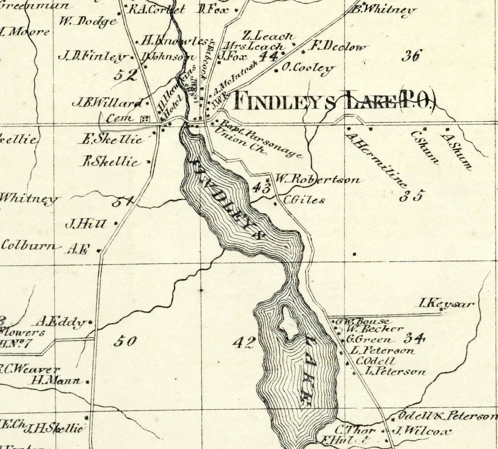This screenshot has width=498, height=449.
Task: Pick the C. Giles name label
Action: click(x=304, y=200)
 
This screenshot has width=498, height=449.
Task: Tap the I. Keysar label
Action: click(x=446, y=304)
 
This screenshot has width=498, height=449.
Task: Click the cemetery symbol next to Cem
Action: click(x=144, y=119)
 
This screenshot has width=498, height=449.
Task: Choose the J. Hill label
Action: click(x=86, y=224)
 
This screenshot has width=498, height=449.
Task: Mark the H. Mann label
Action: click(x=57, y=380)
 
